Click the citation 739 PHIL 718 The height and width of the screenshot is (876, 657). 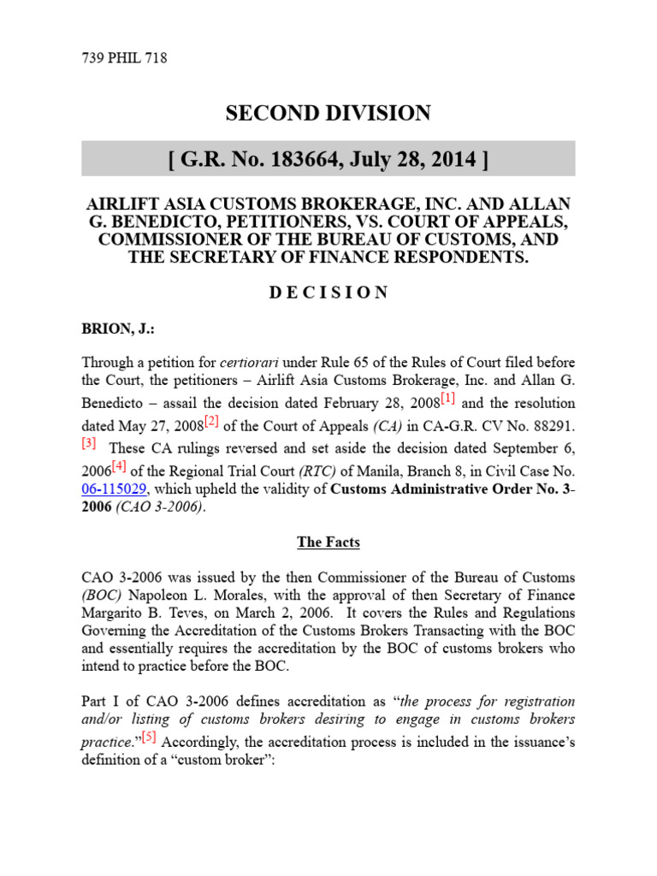coord(125,59)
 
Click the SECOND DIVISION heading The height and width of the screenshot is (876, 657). coord(328,113)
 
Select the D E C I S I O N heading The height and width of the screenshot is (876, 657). coord(328,293)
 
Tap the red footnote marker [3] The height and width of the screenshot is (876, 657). coord(90,443)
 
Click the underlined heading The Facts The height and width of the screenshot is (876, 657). coord(328,542)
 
